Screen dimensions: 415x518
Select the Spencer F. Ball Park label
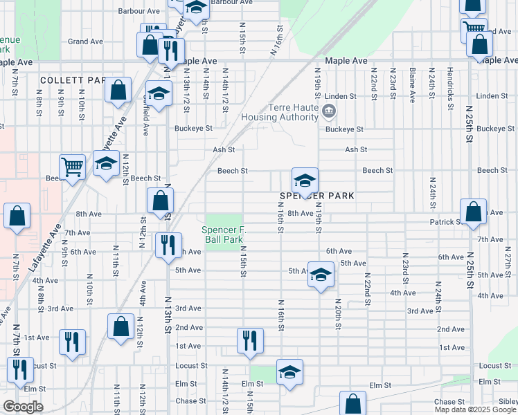(223, 234)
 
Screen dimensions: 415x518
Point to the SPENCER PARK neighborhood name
(316, 196)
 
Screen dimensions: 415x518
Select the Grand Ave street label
(85, 41)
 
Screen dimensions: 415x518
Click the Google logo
(23, 407)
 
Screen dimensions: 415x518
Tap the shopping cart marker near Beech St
(72, 166)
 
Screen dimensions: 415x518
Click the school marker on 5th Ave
(321, 274)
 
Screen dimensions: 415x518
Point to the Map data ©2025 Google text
(475, 409)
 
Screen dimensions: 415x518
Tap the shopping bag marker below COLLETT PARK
(118, 91)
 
